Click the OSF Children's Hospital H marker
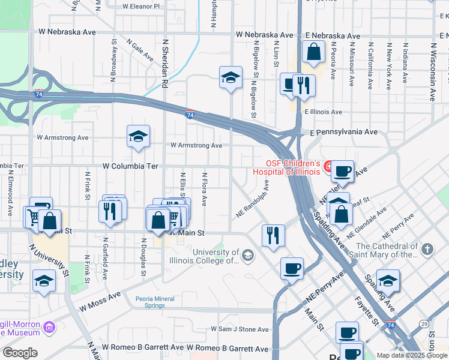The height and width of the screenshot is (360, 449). pyautogui.click(x=328, y=166)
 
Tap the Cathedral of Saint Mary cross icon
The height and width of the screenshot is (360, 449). pyautogui.click(x=427, y=249)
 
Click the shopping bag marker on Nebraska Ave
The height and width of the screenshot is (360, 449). pyautogui.click(x=314, y=53)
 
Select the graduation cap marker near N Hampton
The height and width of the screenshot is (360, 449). pyautogui.click(x=230, y=78)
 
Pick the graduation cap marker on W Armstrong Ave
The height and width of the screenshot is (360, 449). pyautogui.click(x=138, y=137)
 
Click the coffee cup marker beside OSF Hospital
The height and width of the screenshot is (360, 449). pyautogui.click(x=343, y=172)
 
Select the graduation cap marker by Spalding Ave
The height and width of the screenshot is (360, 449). pyautogui.click(x=388, y=281)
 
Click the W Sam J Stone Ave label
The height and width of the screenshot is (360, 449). pyautogui.click(x=240, y=329)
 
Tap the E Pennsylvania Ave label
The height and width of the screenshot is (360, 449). pyautogui.click(x=343, y=131)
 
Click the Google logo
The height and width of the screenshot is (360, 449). pyautogui.click(x=20, y=353)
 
